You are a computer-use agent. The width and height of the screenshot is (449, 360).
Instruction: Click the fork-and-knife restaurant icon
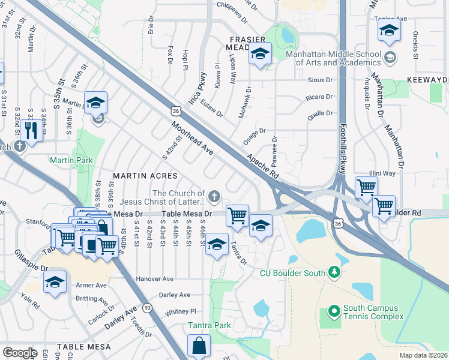tap(31, 130)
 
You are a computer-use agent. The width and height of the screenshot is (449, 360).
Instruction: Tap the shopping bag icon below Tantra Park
tap(199, 346)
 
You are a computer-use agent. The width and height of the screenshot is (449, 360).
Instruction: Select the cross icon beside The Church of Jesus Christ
tap(214, 196)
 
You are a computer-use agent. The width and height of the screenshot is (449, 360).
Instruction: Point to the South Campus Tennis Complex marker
tap(334, 312)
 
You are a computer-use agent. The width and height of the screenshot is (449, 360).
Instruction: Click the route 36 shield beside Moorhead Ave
tap(175, 111)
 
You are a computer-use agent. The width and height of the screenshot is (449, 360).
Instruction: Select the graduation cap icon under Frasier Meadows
tap(260, 55)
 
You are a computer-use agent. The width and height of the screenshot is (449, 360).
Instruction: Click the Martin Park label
tap(71, 160)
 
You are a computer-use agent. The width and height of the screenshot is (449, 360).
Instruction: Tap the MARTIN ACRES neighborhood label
tap(145, 176)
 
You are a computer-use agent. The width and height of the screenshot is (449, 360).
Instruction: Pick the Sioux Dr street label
tap(319, 80)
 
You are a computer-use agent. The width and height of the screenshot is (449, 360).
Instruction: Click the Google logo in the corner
tap(20, 352)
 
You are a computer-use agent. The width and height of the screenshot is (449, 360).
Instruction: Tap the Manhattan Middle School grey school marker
tap(391, 58)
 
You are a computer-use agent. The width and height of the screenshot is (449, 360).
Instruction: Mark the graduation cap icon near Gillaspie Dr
tap(55, 283)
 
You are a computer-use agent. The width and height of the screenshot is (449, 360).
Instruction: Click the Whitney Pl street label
tap(181, 311)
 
